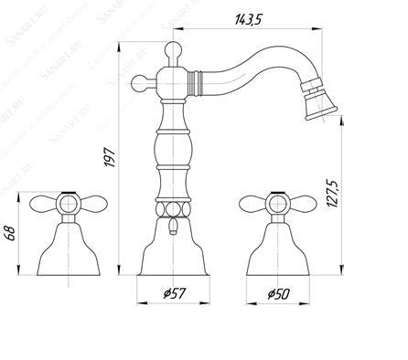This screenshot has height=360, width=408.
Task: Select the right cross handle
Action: [272, 203]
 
